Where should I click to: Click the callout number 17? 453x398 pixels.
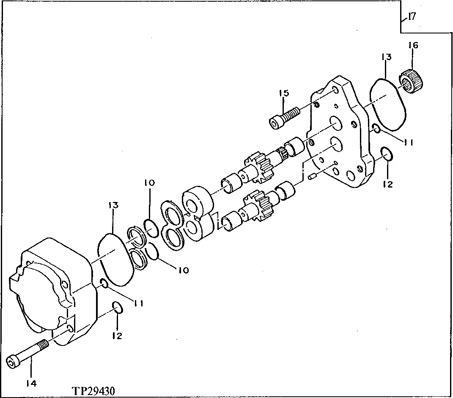412,17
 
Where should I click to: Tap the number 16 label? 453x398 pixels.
413,45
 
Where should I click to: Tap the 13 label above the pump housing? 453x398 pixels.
113,205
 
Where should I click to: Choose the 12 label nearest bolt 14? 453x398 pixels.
117,336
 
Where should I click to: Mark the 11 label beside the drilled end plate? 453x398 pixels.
407,142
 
